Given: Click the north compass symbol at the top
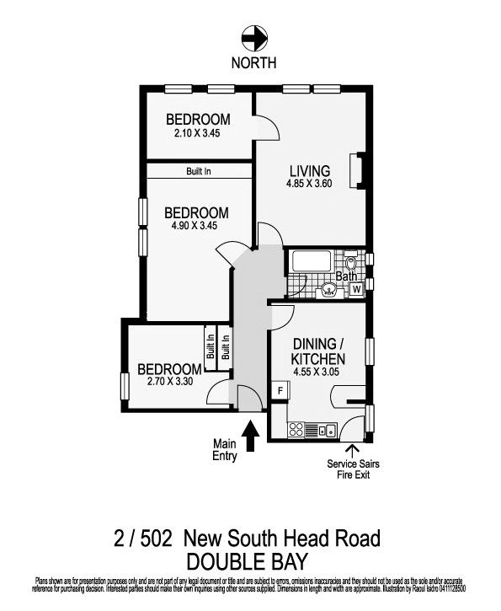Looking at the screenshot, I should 252,37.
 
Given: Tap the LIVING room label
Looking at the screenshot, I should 304,171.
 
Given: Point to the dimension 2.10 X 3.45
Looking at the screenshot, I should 196,132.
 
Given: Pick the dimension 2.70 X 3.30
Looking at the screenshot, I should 170,382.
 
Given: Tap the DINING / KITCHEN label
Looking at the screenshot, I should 319,351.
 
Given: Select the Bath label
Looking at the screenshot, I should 346,276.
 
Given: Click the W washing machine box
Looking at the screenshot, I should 357,289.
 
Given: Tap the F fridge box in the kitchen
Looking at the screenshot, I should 280,389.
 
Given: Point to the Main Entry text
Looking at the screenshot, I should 225,450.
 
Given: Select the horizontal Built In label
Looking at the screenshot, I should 199,171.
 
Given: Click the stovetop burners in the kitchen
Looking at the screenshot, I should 296,430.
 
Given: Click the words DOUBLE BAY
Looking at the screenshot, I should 248,561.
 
